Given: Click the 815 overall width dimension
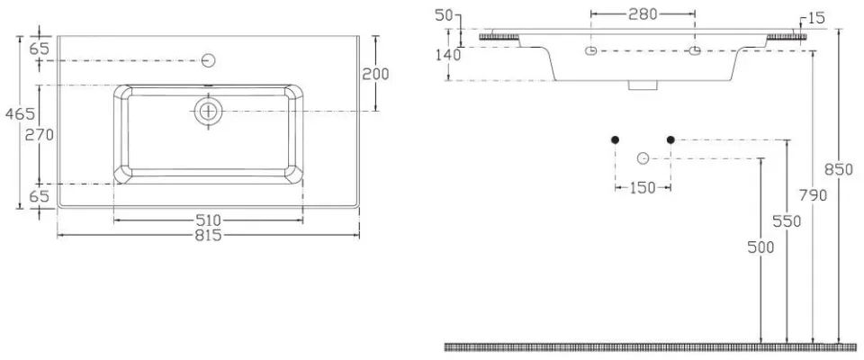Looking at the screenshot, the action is (209, 236).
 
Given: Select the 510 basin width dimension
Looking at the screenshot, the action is (209, 220).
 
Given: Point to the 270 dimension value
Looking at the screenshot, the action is (39, 134).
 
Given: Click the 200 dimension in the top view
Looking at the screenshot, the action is (375, 74).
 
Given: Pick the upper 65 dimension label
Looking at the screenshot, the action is (39, 49).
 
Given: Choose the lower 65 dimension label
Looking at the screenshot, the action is (39, 195).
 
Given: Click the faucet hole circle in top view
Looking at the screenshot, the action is (208, 60).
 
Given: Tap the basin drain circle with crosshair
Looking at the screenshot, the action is (208, 112).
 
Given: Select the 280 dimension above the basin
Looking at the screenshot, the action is (643, 15).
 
